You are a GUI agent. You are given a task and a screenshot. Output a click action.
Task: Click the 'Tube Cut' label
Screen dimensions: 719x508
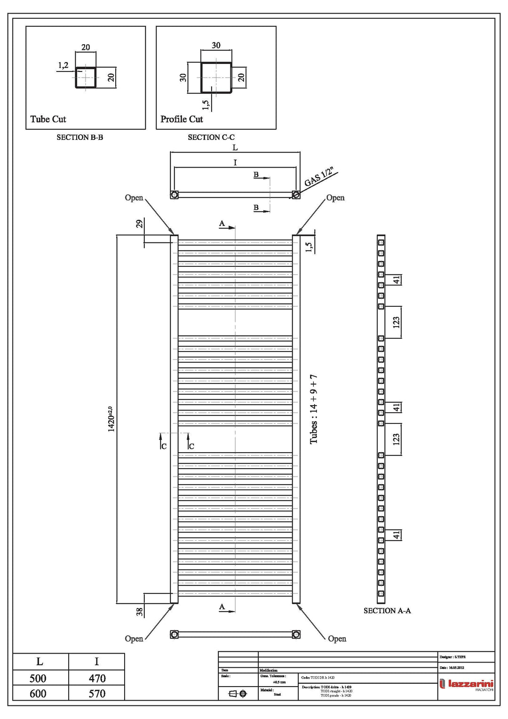[x=48, y=119]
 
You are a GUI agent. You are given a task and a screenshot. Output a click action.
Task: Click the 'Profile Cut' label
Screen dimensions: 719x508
[x=182, y=119]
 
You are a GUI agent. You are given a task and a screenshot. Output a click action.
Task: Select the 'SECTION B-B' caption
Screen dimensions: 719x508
[x=79, y=137]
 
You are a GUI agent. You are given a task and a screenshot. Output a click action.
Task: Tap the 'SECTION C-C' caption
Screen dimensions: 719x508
[x=211, y=137]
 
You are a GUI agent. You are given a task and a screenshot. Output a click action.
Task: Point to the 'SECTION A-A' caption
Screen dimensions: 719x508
[x=387, y=611]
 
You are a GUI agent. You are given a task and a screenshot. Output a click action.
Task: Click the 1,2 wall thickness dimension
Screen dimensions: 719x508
[x=63, y=65]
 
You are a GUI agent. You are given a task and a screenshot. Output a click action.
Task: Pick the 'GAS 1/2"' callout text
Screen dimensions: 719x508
[x=319, y=177]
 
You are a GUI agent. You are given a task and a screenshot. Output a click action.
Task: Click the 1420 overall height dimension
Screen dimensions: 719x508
[x=111, y=419]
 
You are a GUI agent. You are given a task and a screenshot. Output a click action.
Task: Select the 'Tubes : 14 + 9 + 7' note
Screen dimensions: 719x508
[x=314, y=409]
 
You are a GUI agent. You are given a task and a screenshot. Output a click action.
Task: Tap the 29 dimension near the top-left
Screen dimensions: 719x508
[x=139, y=224]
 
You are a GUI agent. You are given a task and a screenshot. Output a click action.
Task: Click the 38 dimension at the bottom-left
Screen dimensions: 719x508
[x=140, y=612]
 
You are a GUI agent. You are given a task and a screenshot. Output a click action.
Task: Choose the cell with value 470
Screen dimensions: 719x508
[x=97, y=679]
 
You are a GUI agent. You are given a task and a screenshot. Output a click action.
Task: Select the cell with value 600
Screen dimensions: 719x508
[x=38, y=694]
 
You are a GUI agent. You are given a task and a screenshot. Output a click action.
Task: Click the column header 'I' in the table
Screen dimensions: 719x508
[x=96, y=662]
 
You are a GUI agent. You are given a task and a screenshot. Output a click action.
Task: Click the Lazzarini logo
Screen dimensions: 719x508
[x=466, y=684]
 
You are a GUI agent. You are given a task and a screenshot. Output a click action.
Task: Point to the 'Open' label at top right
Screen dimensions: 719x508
[x=335, y=198]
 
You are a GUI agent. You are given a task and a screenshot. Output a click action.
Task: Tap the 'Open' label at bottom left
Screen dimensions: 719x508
[x=134, y=639]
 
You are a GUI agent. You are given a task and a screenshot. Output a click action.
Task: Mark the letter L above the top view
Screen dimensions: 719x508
[x=235, y=148]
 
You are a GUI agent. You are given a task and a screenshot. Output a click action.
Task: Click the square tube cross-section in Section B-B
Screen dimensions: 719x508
[x=86, y=77]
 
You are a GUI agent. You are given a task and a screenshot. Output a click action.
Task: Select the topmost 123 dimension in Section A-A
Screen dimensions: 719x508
[x=396, y=322]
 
